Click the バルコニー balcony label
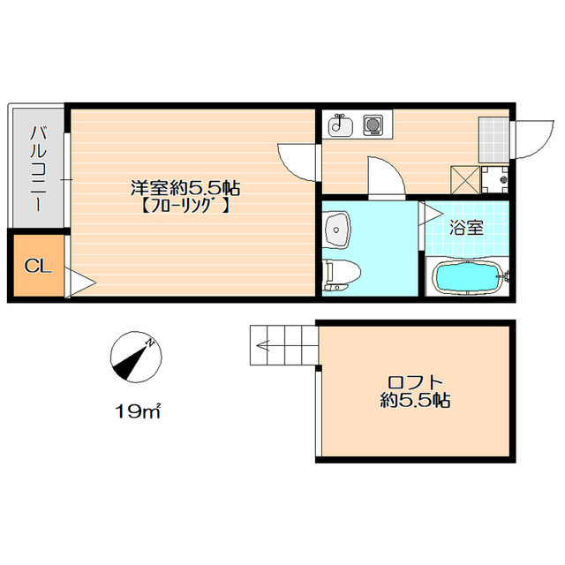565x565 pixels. (x=38, y=169)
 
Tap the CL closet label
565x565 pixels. (x=38, y=267)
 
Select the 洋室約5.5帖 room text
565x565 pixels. (x=185, y=188)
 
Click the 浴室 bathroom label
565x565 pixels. (x=466, y=228)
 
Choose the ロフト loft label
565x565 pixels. (x=415, y=381)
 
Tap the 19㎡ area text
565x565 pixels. (x=138, y=411)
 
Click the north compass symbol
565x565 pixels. (x=136, y=357)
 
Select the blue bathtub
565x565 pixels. (x=468, y=276)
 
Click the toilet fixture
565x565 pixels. (x=342, y=275)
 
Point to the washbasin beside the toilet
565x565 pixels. (x=337, y=230)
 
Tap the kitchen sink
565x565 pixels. (x=341, y=125)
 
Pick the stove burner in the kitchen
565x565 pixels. (x=373, y=125)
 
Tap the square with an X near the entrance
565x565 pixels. (x=465, y=180)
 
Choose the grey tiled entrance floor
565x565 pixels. (x=493, y=139)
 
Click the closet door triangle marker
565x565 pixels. (x=80, y=282)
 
